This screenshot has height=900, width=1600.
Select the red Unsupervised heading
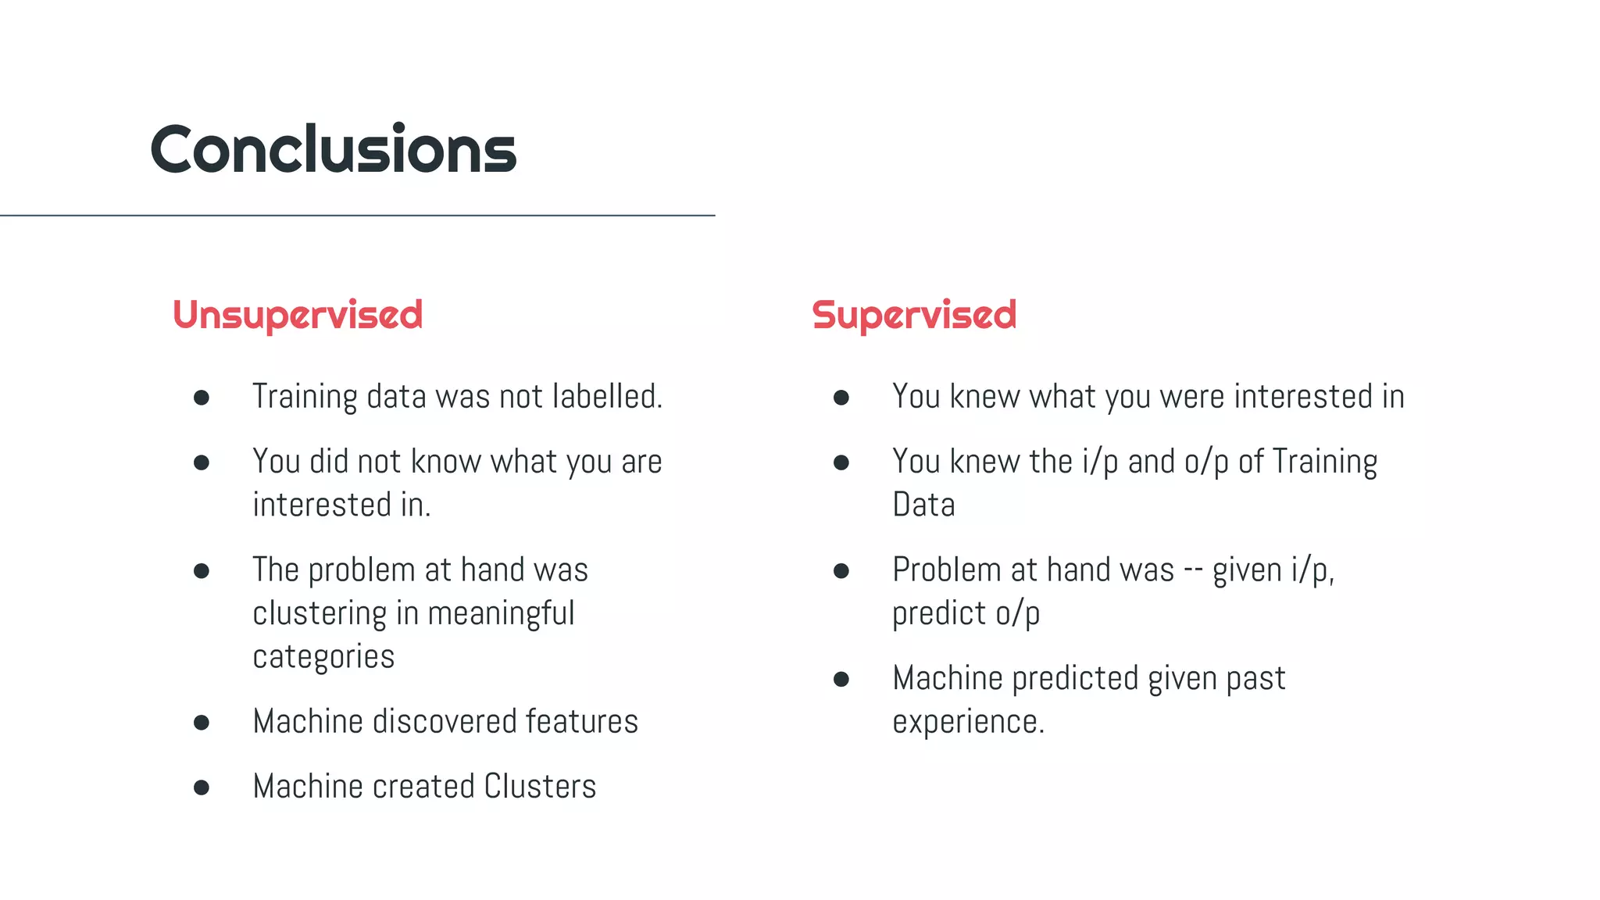pyautogui.click(x=298, y=316)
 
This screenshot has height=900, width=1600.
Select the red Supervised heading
pyautogui.click(x=914, y=316)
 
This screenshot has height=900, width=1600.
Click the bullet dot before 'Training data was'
pyautogui.click(x=202, y=398)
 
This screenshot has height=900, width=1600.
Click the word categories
pyautogui.click(x=323, y=657)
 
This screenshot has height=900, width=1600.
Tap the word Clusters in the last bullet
pyautogui.click(x=540, y=787)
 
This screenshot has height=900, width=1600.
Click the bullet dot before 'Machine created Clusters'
pyautogui.click(x=202, y=787)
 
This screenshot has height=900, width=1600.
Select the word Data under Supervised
pyautogui.click(x=923, y=505)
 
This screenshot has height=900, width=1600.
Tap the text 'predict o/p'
pyautogui.click(x=966, y=614)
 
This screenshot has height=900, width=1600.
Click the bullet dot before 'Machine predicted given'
pyautogui.click(x=841, y=679)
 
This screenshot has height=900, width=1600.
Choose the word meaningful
pyautogui.click(x=501, y=613)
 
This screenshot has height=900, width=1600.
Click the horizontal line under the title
pyautogui.click(x=357, y=215)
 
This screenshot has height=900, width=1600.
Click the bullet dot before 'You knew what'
pyautogui.click(x=841, y=398)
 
